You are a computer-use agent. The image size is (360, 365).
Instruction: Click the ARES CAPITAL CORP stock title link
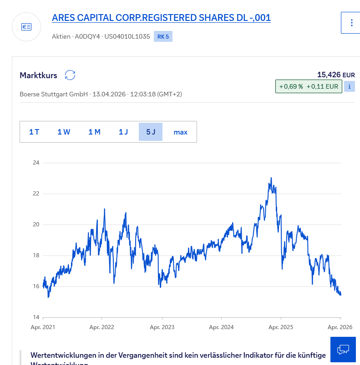coord(161,18)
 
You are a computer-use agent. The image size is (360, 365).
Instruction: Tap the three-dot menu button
coord(351,23)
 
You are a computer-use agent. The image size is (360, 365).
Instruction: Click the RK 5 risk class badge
coord(163,37)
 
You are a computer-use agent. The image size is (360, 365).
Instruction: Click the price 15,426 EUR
coord(336,75)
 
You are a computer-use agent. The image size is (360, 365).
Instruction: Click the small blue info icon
coord(349,86)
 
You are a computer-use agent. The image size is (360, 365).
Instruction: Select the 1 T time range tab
coord(34,132)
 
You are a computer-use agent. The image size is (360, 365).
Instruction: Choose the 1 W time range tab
coord(64,132)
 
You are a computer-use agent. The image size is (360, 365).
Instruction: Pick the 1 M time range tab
coord(94,132)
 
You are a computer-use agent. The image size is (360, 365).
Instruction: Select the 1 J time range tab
coord(123,132)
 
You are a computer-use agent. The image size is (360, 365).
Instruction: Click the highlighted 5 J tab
coord(151,132)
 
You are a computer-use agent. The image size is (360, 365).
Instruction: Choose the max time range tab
coord(180,132)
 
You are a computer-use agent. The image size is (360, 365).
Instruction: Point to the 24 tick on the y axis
coord(36,163)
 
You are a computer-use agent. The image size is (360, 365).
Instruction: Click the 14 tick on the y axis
coord(36,317)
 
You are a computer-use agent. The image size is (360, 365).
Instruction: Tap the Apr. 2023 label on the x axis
coord(162,327)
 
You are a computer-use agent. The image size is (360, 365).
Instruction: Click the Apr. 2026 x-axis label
coord(340,327)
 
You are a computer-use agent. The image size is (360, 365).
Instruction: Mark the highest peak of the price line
coord(271,178)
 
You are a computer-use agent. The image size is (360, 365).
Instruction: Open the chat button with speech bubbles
coord(343,349)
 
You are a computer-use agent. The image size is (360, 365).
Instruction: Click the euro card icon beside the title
coord(26,27)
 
